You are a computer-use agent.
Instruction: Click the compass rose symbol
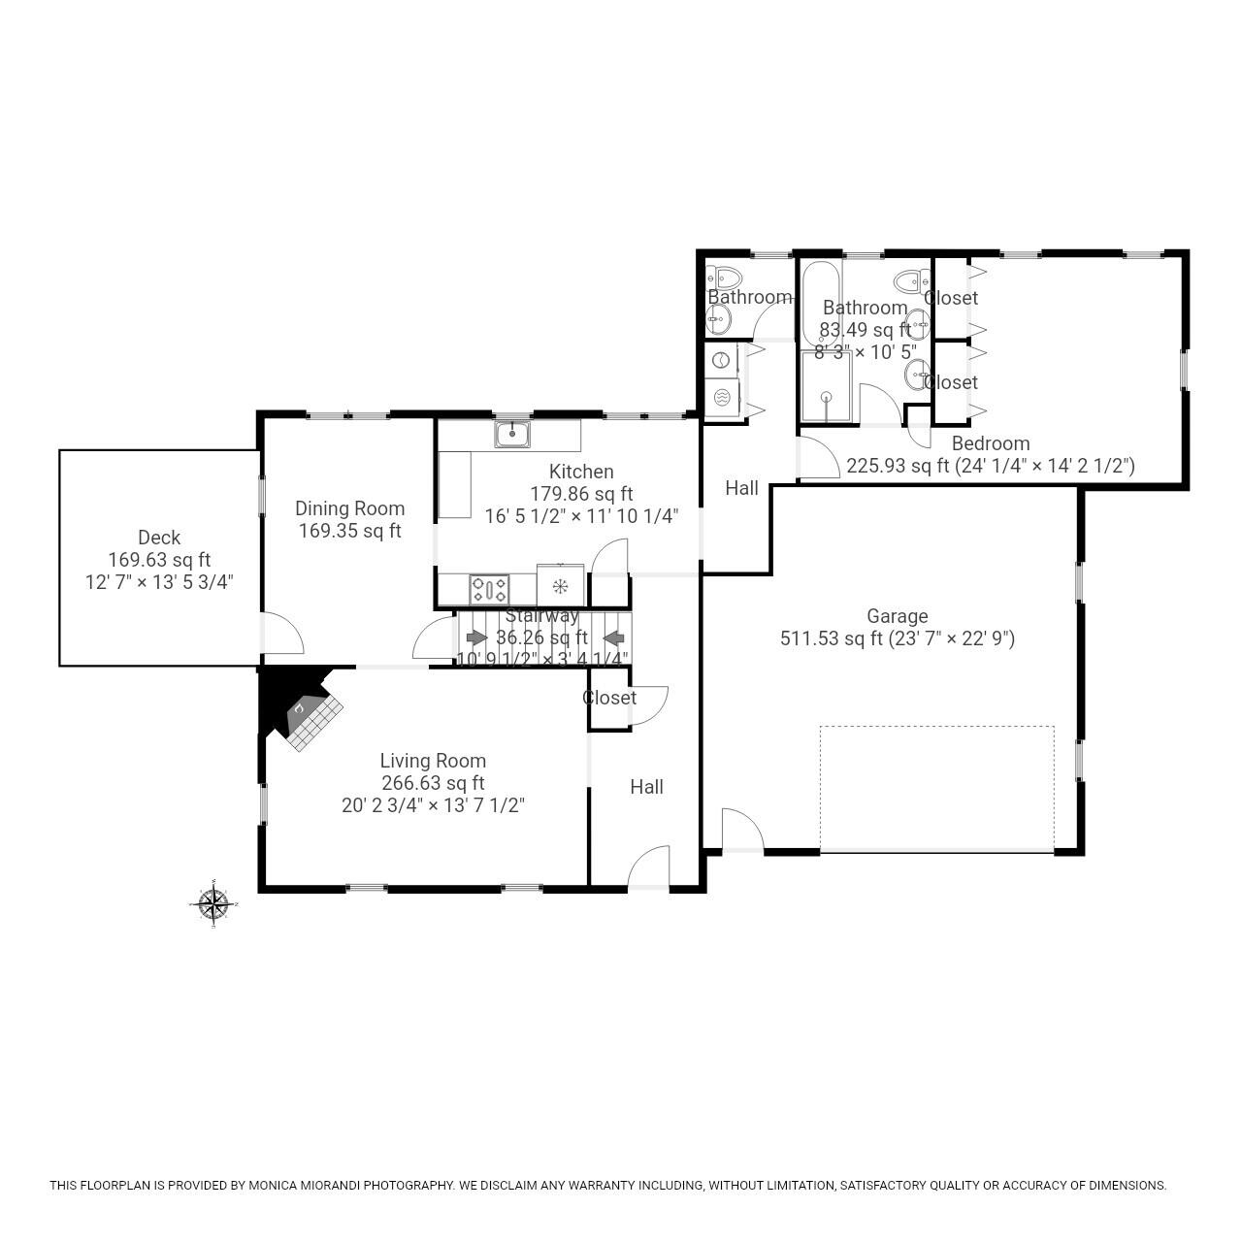pos(212,904)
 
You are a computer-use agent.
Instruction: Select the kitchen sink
pos(511,434)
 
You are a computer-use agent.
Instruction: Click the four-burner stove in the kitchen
pos(489,589)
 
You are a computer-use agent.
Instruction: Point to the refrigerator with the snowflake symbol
pos(560,586)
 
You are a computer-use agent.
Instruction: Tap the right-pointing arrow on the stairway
pos(476,637)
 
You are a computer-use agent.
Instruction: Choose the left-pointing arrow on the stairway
pos(613,637)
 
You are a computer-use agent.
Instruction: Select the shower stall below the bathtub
pos(826,387)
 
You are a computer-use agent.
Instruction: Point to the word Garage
pos(897,616)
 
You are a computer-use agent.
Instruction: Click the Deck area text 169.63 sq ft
pos(159,560)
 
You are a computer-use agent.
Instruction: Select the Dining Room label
pos(349,508)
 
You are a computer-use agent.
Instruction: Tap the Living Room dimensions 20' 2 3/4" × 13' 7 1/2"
pos(433,805)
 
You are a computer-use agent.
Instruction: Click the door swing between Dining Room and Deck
pos(283,635)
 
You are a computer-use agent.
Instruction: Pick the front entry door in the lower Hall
pos(648,867)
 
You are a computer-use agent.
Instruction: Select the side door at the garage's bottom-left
pos(742,831)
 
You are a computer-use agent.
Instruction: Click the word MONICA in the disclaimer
pos(276,1185)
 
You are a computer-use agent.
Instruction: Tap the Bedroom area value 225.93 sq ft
pos(898,466)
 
